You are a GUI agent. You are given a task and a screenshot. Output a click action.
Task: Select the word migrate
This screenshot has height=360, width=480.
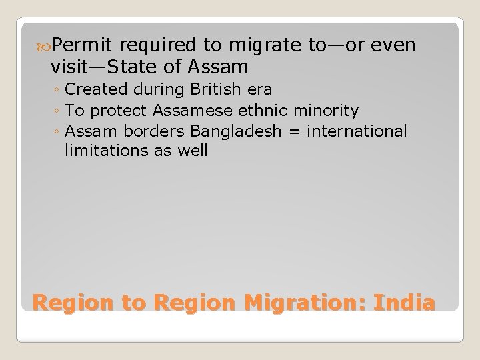[261, 45]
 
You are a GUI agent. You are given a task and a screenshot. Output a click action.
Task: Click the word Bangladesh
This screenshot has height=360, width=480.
[229, 131]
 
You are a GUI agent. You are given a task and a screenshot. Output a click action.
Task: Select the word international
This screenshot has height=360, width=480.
[357, 131]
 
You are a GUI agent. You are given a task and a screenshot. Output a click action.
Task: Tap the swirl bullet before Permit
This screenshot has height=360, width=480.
[45, 46]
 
